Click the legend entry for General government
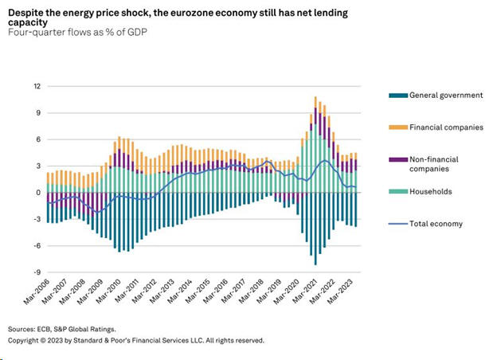click(x=445, y=96)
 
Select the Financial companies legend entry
click(x=445, y=127)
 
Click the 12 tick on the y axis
click(x=37, y=86)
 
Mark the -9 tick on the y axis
click(x=36, y=272)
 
